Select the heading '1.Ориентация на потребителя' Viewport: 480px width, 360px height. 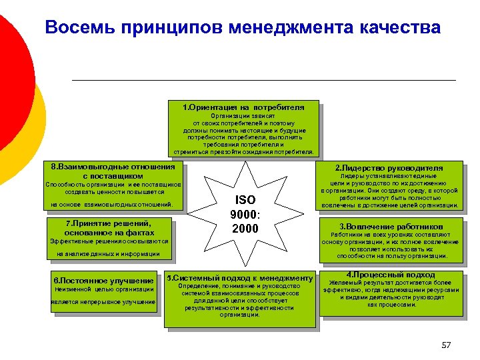pyautogui.click(x=243, y=107)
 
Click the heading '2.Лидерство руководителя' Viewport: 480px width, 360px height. pyautogui.click(x=389, y=167)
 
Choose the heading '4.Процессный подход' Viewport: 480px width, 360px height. pyautogui.click(x=391, y=275)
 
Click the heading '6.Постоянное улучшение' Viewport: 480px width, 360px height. pyautogui.click(x=103, y=281)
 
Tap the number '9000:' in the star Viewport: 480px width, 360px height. pyautogui.click(x=245, y=215)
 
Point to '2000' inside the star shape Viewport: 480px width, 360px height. pyautogui.click(x=245, y=229)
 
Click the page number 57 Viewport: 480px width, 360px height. pyautogui.click(x=446, y=345)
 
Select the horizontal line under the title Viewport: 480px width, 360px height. pyautogui.click(x=263, y=80)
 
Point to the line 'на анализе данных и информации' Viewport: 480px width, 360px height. pyautogui.click(x=108, y=254)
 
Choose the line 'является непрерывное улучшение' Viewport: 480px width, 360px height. pyautogui.click(x=103, y=303)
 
